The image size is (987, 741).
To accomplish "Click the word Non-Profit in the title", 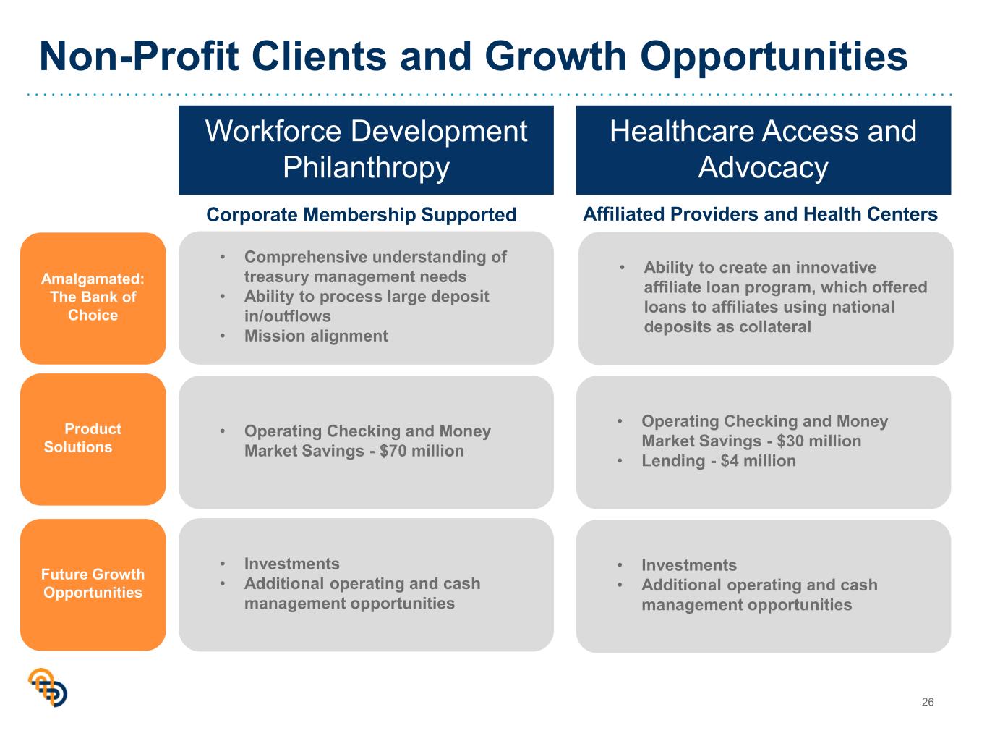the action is [x=140, y=56].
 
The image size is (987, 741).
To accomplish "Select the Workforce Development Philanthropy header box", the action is [x=366, y=150].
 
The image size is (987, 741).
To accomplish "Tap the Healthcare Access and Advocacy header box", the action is [x=763, y=150].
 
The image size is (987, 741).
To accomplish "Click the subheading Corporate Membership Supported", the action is [x=361, y=215].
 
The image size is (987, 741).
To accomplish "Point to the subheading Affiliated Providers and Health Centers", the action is [x=760, y=214].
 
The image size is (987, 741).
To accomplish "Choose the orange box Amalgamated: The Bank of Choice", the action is [x=93, y=298].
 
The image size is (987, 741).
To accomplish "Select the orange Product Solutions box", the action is [x=93, y=439].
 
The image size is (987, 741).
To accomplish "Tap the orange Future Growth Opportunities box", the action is [x=93, y=585].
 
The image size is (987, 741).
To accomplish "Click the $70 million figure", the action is [x=422, y=451].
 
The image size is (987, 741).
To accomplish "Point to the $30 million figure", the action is [x=819, y=441].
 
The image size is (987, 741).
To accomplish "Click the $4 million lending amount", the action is [x=758, y=461].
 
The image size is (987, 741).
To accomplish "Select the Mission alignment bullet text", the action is [x=316, y=336].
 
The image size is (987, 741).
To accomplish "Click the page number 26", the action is [x=927, y=702].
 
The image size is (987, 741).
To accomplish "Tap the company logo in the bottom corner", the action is [x=48, y=687].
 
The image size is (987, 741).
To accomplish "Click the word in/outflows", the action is [x=287, y=316].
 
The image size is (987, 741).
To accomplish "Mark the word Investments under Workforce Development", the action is [x=292, y=564].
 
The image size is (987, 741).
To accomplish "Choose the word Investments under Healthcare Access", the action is [x=689, y=565].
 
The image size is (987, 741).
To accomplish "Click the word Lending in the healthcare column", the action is [x=673, y=461].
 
